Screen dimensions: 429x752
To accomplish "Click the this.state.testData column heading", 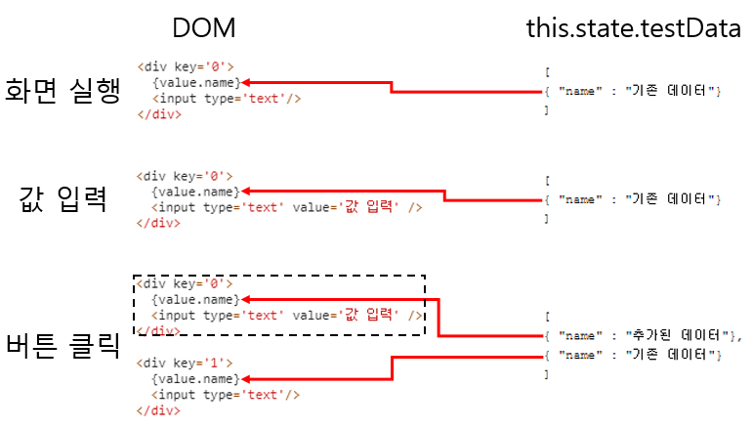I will (x=634, y=28).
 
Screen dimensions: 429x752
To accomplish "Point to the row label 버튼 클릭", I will (x=63, y=345).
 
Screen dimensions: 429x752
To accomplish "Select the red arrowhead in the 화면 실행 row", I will (x=245, y=83).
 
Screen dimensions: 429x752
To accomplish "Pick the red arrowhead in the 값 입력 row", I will (x=245, y=191).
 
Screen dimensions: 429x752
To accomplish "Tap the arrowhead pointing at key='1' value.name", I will (x=245, y=378).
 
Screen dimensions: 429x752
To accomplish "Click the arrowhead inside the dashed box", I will (x=245, y=299).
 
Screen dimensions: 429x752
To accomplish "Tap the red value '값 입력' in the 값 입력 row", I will (x=371, y=206).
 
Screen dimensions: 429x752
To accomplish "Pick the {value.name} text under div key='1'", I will (x=195, y=378).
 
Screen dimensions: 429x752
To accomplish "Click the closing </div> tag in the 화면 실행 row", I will (x=159, y=114).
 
